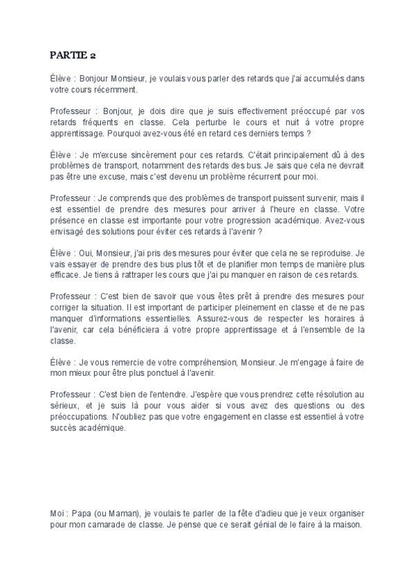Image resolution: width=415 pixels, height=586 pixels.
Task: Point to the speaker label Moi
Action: click(58, 514)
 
